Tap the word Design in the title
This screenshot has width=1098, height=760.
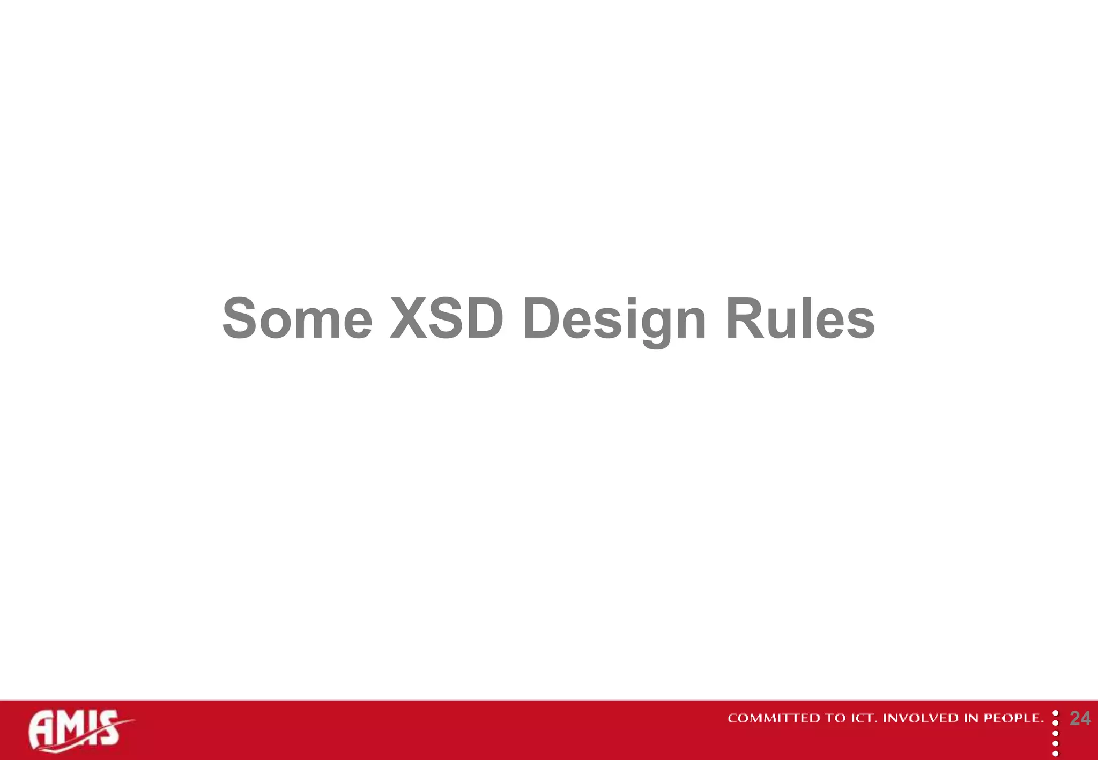(614, 320)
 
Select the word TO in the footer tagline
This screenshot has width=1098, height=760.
(835, 718)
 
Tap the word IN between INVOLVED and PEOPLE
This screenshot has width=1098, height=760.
(971, 718)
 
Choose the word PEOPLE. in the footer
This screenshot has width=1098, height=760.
(1014, 718)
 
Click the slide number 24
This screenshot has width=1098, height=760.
(1080, 719)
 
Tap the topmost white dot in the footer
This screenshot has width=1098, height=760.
(1056, 714)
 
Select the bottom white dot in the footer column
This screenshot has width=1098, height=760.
(1056, 754)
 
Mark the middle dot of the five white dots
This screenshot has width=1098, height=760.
(1056, 734)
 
